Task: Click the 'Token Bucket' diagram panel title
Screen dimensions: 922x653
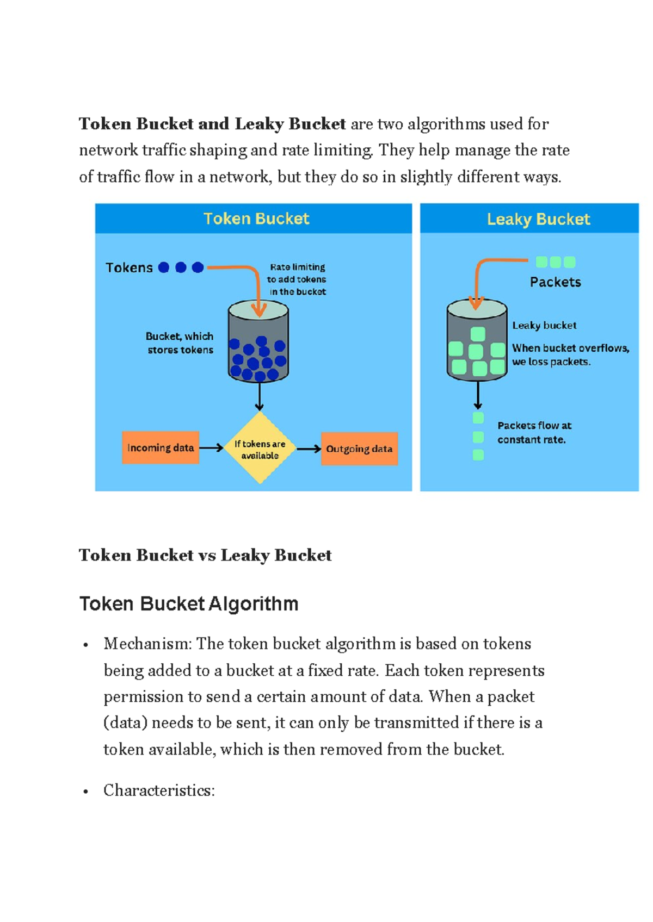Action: tap(256, 219)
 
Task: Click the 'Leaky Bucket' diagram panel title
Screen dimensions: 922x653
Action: tap(538, 219)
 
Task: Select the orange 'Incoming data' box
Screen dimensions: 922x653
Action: tap(161, 447)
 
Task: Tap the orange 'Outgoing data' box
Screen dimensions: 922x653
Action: tap(359, 448)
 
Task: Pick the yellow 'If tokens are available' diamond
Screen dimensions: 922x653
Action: tap(260, 448)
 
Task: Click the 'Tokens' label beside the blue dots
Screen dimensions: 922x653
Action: tap(130, 267)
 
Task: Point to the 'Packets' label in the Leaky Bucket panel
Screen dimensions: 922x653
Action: tap(555, 282)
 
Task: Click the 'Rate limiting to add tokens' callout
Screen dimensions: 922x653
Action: tap(297, 279)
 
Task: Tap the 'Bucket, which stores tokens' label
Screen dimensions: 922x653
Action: tap(180, 343)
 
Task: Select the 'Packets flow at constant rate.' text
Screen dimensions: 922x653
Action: tap(534, 432)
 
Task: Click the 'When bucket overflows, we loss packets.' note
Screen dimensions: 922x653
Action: tap(570, 354)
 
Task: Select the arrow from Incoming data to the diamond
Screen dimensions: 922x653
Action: tap(211, 447)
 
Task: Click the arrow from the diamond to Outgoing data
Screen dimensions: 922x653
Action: tap(309, 448)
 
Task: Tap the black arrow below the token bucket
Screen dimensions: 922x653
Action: tap(260, 396)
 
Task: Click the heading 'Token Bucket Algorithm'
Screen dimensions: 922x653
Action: tap(189, 603)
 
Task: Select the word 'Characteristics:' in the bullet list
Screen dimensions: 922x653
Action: tap(159, 790)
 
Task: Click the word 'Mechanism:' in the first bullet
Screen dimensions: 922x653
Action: tap(147, 644)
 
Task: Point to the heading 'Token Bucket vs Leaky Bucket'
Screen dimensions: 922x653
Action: tap(205, 555)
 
